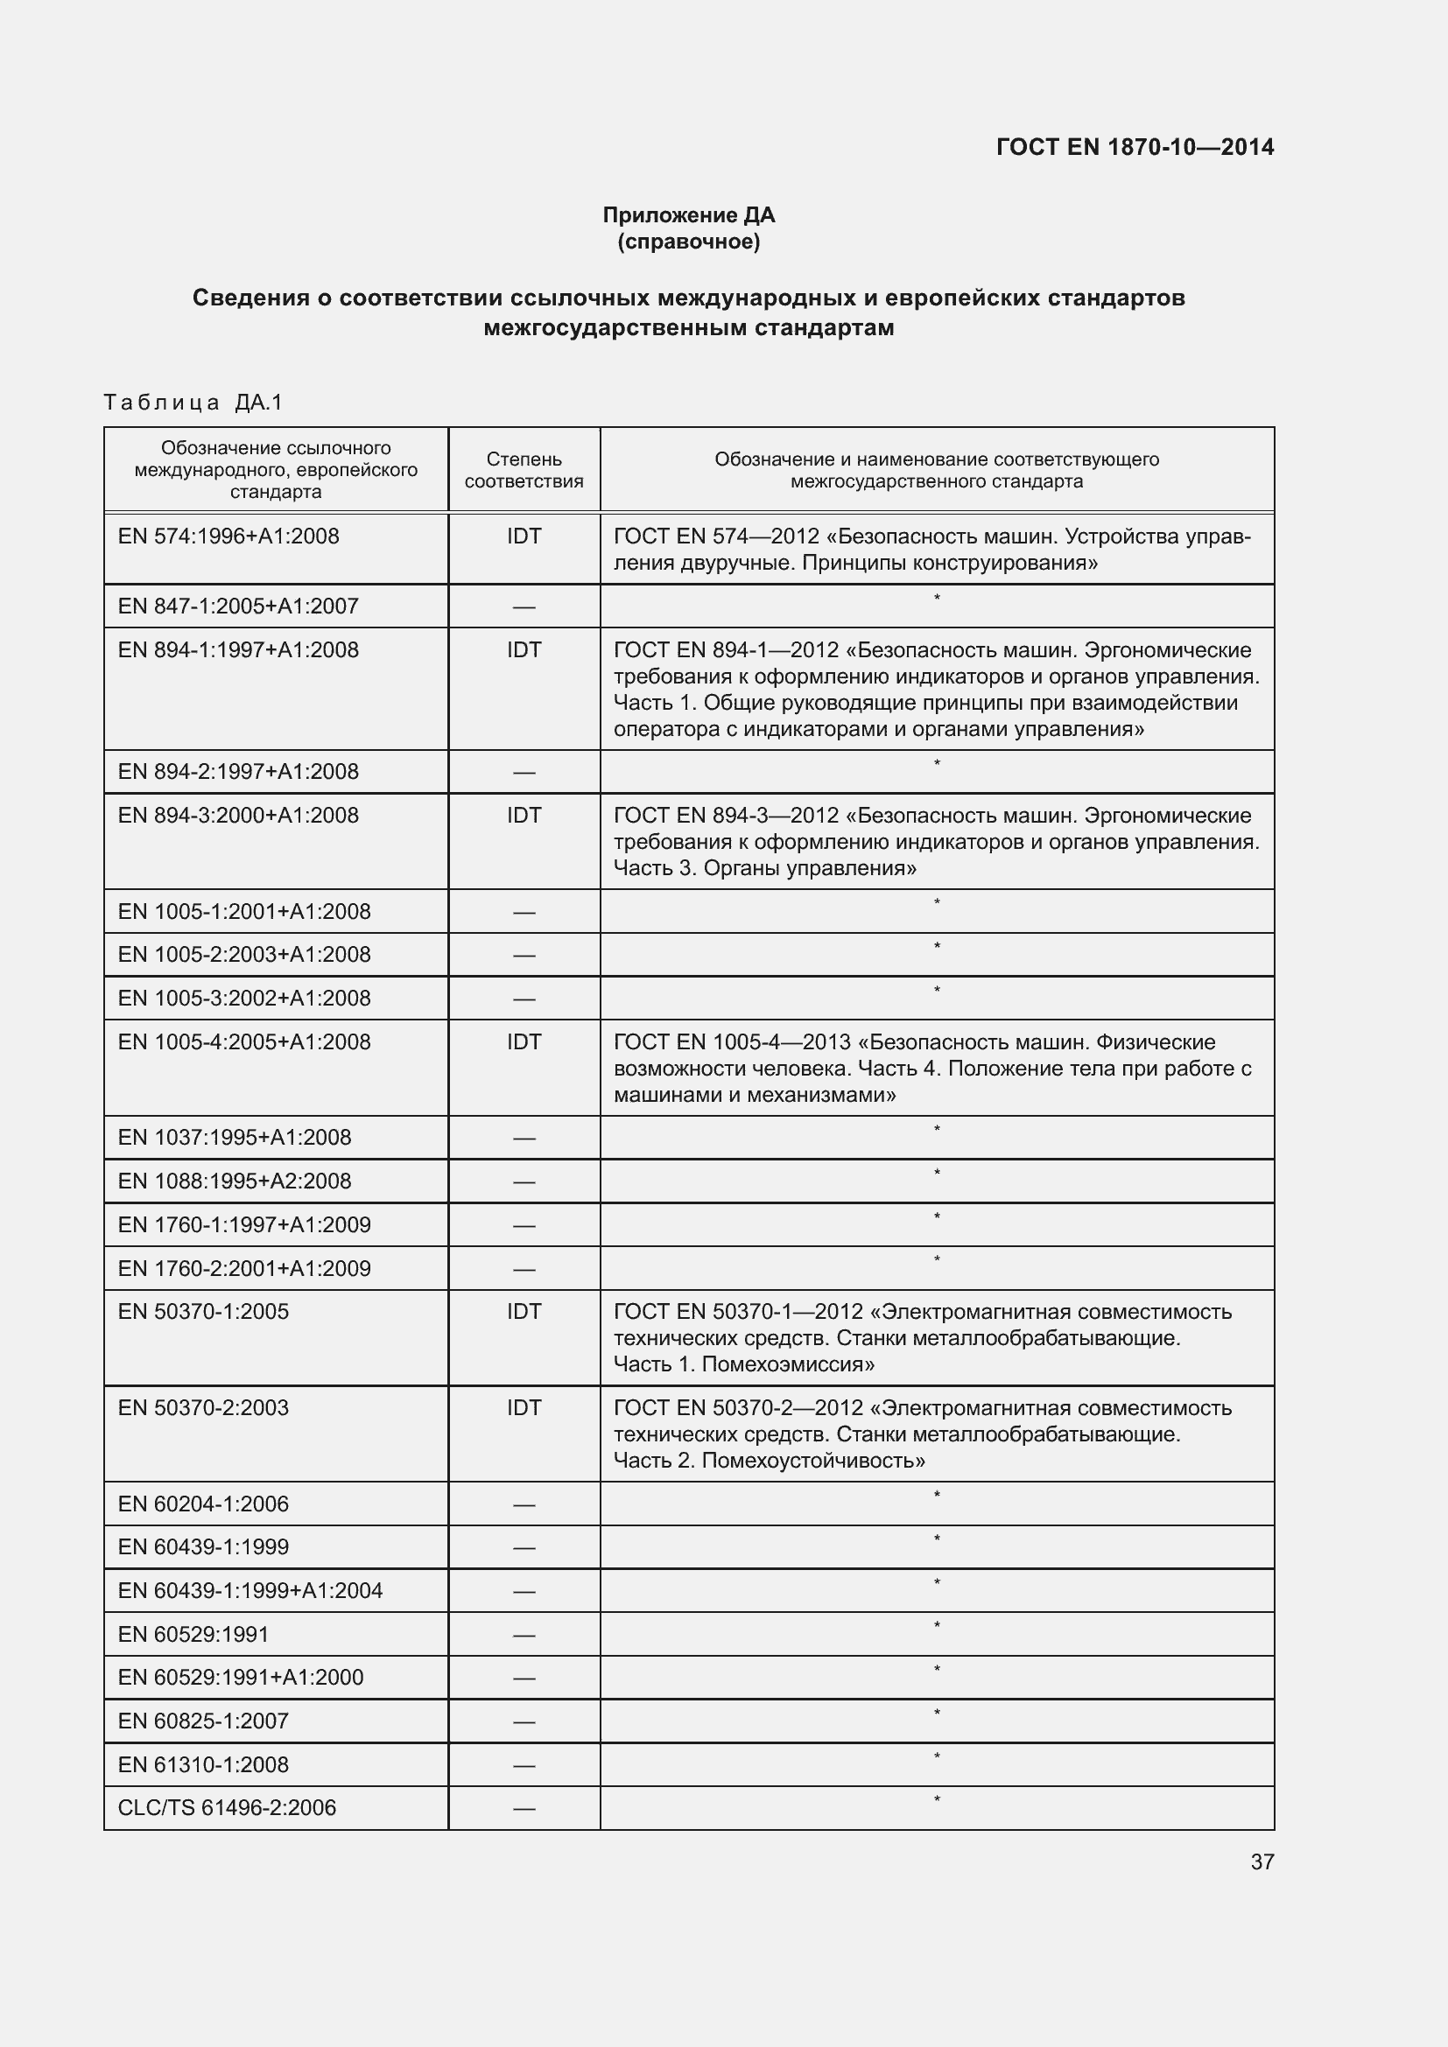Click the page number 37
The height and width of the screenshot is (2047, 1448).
[1262, 1861]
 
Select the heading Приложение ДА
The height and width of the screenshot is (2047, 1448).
[688, 215]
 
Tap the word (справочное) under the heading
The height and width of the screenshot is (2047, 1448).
[688, 242]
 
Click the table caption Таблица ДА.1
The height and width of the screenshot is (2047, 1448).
[193, 403]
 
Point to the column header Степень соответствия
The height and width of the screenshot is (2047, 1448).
[524, 470]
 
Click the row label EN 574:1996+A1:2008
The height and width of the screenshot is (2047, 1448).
[228, 536]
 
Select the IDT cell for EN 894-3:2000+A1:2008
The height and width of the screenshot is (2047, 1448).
[524, 816]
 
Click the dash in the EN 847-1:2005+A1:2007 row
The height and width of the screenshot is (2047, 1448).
[524, 608]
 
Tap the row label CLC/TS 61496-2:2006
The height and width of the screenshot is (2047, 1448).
[227, 1808]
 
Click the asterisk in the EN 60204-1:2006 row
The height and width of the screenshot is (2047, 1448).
[936, 1495]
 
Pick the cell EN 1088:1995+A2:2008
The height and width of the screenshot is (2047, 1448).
[235, 1181]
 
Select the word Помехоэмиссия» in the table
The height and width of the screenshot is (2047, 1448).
[788, 1364]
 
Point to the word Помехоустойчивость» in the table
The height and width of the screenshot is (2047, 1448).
[813, 1461]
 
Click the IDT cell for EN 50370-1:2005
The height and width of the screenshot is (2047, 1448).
[524, 1312]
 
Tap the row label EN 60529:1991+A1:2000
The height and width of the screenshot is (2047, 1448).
[241, 1677]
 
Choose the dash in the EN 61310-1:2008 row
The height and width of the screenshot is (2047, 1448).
[524, 1765]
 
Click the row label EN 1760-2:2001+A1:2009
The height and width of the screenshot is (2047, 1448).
[244, 1269]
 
